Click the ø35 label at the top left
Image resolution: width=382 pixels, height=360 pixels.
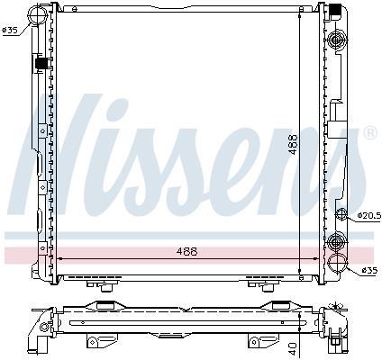click(10, 30)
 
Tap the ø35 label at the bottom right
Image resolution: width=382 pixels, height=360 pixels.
click(369, 271)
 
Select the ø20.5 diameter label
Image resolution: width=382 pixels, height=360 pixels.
click(369, 215)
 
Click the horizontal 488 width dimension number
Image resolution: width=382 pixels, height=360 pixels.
click(186, 251)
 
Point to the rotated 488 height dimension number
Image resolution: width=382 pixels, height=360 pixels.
click(293, 144)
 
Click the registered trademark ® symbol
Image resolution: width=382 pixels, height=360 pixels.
click(370, 133)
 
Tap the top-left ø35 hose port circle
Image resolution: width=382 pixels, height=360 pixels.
click(37, 13)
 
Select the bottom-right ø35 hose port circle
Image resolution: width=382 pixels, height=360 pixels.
click(337, 263)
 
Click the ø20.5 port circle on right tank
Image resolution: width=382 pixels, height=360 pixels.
click(341, 214)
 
